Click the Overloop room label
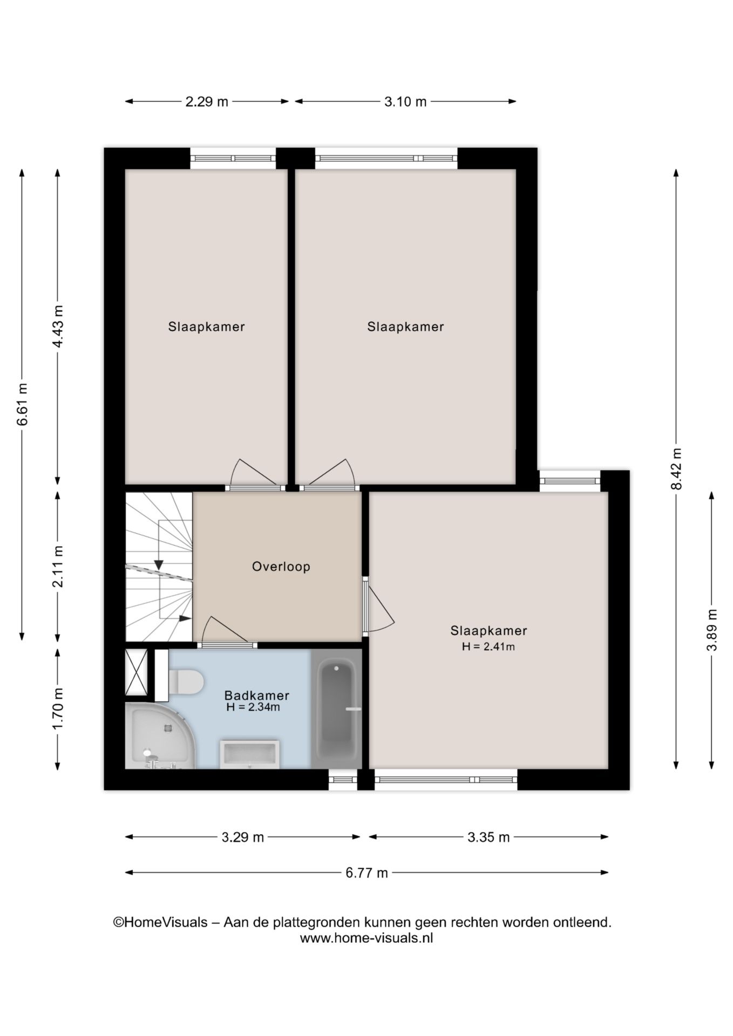click(x=281, y=567)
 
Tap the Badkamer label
click(x=257, y=696)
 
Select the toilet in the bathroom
click(x=185, y=681)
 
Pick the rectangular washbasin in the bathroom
click(x=249, y=754)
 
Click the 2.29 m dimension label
click(x=207, y=101)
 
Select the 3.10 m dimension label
click(x=405, y=101)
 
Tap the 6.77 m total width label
click(x=366, y=873)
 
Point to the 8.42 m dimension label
click(x=676, y=469)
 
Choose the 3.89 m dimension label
click(x=712, y=630)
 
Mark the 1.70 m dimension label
click(x=58, y=708)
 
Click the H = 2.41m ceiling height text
click(x=488, y=646)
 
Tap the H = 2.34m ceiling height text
click(x=253, y=707)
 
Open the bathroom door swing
click(x=226, y=631)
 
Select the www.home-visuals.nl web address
click(x=366, y=938)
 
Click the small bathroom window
click(x=343, y=779)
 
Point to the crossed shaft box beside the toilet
click(x=136, y=672)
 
